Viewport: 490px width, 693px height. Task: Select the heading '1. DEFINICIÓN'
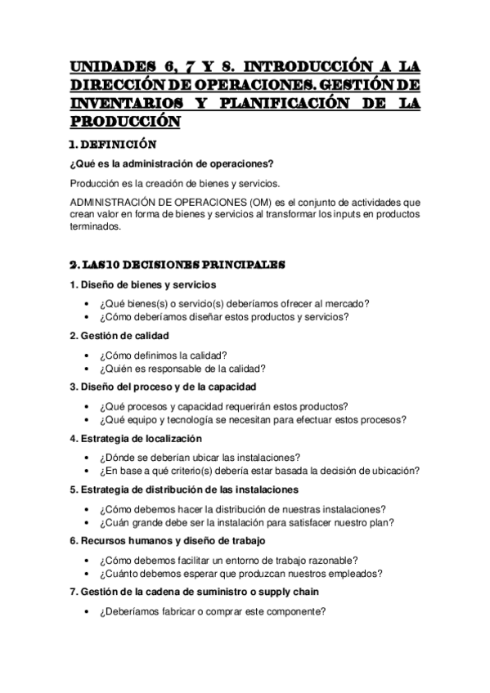[x=112, y=144]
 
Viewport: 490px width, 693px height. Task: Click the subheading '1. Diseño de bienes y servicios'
[x=143, y=284]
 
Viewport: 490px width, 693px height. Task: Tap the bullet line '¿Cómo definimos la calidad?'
[x=163, y=355]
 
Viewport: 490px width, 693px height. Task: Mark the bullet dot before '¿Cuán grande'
[x=88, y=522]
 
